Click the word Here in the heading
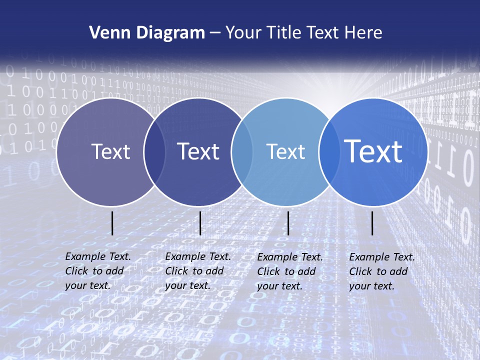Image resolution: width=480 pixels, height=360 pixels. (363, 33)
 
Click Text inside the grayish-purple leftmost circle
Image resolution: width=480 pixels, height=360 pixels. (110, 151)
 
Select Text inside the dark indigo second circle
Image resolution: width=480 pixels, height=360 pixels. (198, 151)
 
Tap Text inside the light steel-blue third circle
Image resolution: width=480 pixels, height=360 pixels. (285, 151)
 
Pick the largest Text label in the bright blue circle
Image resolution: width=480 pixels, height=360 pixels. (373, 151)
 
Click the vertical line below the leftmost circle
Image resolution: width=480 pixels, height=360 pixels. (112, 223)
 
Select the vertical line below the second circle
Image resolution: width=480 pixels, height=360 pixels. (200, 223)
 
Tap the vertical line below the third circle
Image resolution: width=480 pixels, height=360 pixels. (288, 223)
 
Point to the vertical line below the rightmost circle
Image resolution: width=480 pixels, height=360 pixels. (372, 223)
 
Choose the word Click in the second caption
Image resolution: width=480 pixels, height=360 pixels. (177, 271)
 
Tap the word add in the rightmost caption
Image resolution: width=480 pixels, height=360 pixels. (398, 271)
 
